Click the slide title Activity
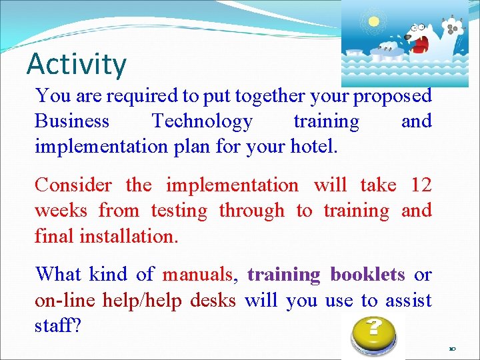click(76, 64)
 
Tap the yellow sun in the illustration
click(373, 21)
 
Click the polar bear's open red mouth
click(420, 45)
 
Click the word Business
click(72, 121)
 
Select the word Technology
click(202, 121)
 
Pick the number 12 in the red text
click(421, 185)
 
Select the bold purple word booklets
click(367, 275)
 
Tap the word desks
click(213, 301)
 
